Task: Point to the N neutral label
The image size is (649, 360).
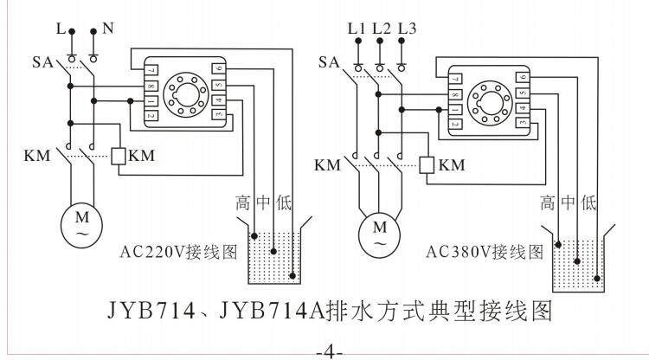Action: coord(108,28)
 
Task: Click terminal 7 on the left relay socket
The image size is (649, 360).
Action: coord(151,69)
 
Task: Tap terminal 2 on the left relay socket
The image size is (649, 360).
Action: coord(151,115)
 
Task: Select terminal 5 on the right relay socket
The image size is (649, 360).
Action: coord(522,93)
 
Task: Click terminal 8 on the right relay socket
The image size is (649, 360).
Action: coord(456,94)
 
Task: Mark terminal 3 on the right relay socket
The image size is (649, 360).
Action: coord(522,124)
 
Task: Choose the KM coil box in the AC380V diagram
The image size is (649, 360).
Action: coord(426,164)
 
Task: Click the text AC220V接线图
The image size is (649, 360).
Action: coord(177,254)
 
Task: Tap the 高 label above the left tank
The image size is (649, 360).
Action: coord(244,204)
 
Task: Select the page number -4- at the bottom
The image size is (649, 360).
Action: coord(329,352)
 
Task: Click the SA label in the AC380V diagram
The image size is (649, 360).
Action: coord(329,61)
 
